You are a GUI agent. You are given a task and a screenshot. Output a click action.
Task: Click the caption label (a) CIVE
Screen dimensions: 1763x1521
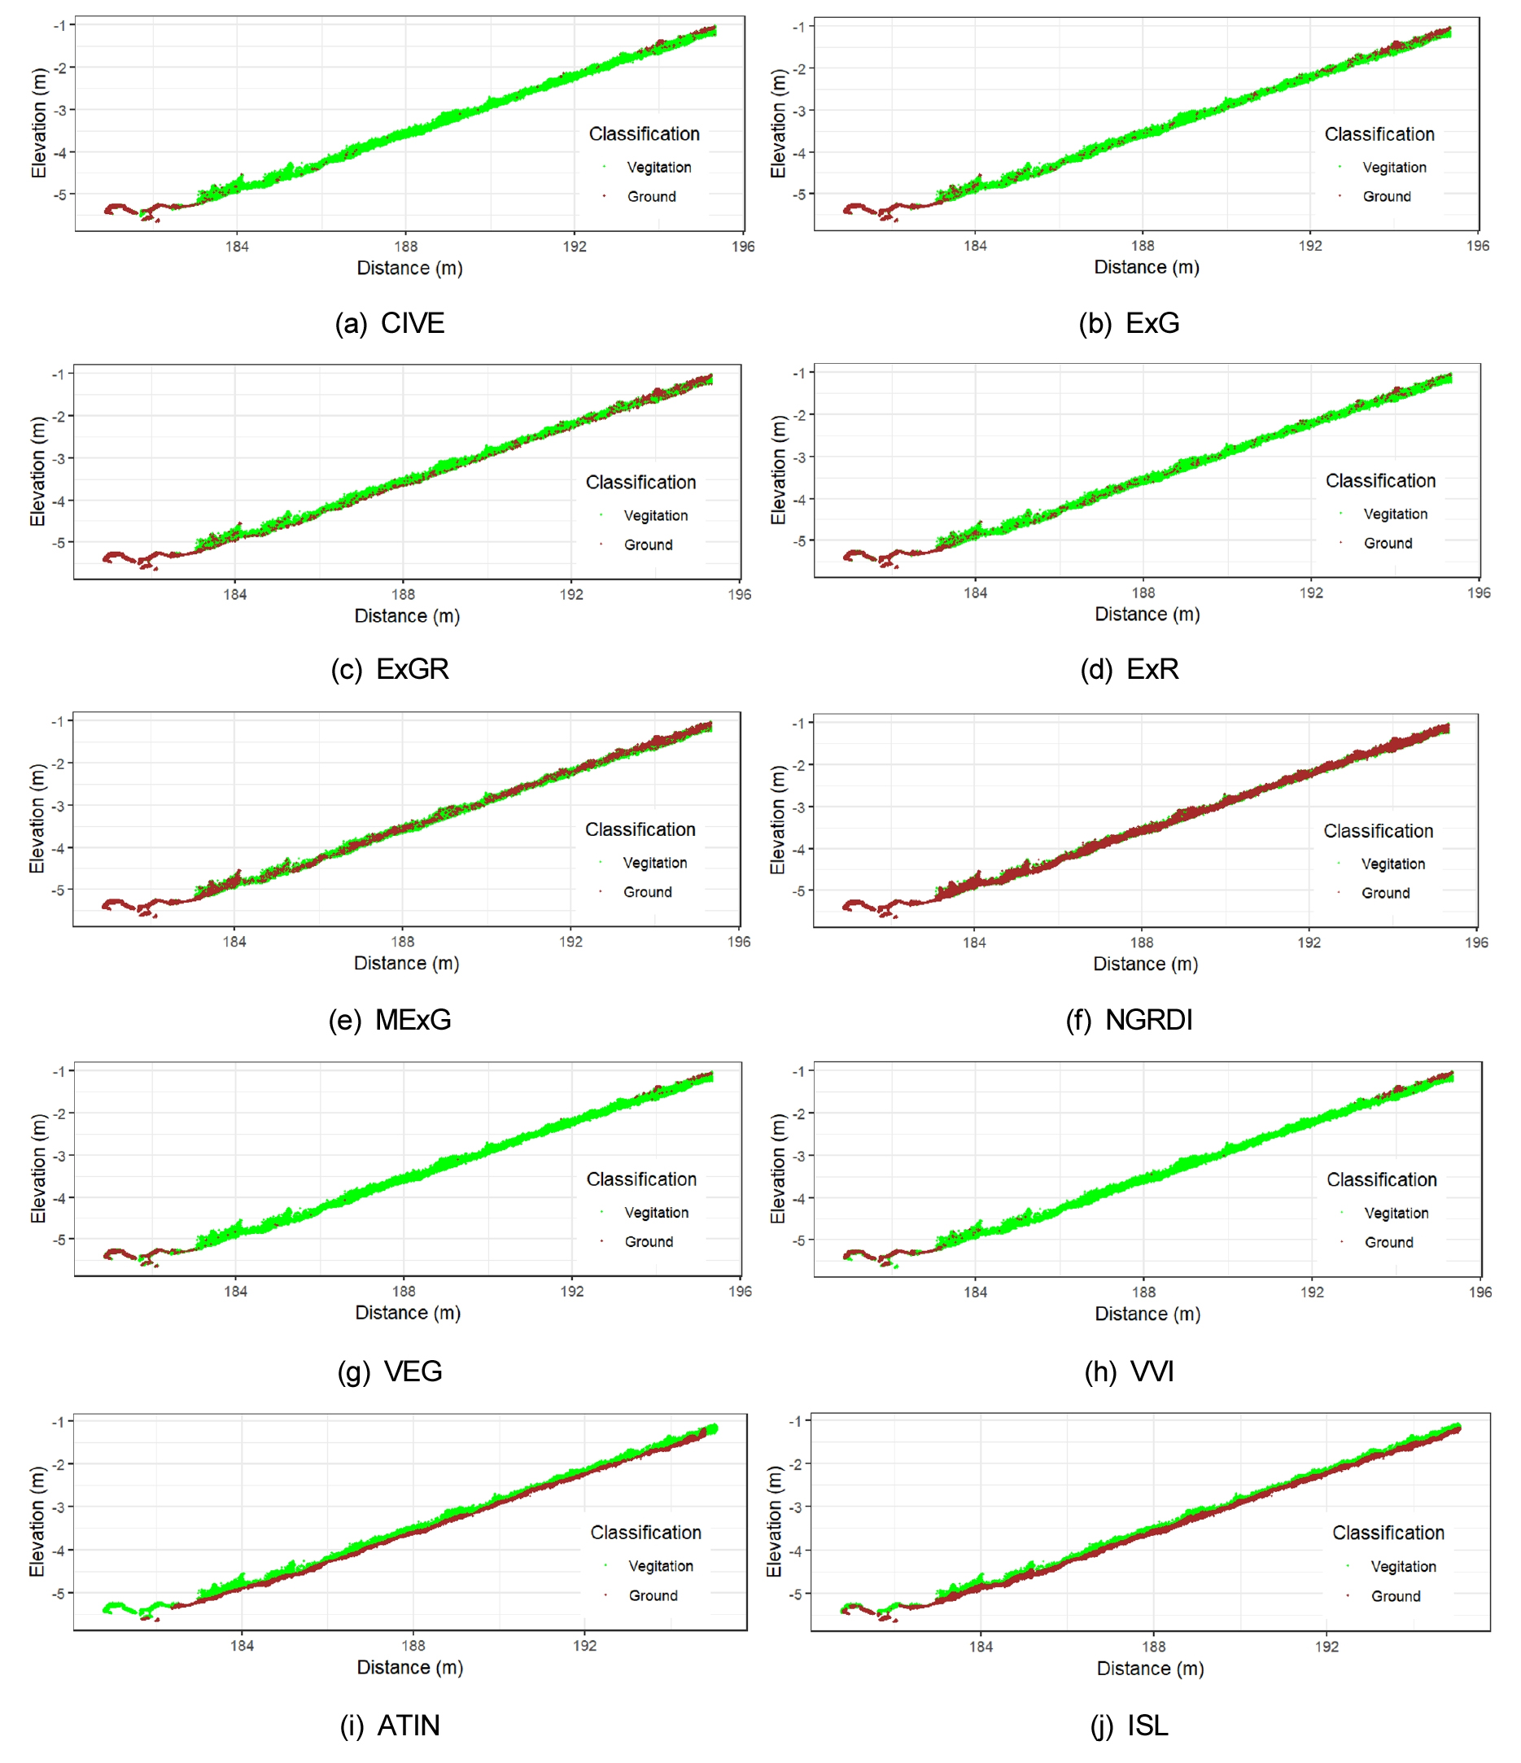tap(390, 323)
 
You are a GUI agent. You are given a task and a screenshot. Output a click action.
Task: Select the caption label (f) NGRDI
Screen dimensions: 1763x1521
tap(1129, 1019)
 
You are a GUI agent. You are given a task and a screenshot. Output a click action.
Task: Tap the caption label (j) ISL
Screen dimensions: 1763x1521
tap(1129, 1726)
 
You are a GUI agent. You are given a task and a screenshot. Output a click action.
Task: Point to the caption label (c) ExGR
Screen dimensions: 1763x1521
tap(390, 670)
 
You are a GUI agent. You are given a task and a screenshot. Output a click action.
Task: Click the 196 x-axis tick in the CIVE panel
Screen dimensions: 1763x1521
tap(743, 247)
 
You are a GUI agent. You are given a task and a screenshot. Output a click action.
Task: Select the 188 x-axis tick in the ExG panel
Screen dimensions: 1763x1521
tap(1142, 246)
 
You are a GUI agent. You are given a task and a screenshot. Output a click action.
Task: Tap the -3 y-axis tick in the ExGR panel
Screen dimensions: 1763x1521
tap(58, 458)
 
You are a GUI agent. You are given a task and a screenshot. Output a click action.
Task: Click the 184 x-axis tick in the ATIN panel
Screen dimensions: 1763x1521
tap(242, 1646)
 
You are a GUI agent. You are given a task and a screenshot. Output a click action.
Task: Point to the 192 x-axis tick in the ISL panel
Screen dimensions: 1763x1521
tap(1327, 1647)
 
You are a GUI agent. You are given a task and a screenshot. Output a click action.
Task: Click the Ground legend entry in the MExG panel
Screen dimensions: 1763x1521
tap(647, 892)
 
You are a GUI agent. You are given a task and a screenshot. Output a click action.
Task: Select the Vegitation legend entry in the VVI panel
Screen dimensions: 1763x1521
tap(1396, 1214)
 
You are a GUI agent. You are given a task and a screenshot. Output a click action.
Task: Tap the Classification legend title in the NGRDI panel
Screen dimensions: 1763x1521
tap(1378, 831)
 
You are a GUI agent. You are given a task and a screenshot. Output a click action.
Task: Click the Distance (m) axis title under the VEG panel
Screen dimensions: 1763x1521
tap(408, 1313)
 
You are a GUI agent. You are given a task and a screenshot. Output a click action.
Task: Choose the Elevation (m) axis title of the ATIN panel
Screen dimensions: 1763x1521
tap(37, 1522)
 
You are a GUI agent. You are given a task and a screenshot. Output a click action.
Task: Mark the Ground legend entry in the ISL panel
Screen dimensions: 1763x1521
tap(1395, 1596)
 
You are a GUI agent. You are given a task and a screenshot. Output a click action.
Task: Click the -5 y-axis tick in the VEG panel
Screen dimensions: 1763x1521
tap(58, 1240)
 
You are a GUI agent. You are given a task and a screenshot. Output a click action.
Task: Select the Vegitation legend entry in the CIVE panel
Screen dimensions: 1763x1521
tap(658, 168)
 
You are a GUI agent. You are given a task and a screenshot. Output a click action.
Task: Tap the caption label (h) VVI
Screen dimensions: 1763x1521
tap(1129, 1371)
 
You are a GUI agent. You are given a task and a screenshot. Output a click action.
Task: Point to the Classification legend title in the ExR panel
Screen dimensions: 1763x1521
tap(1379, 482)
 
